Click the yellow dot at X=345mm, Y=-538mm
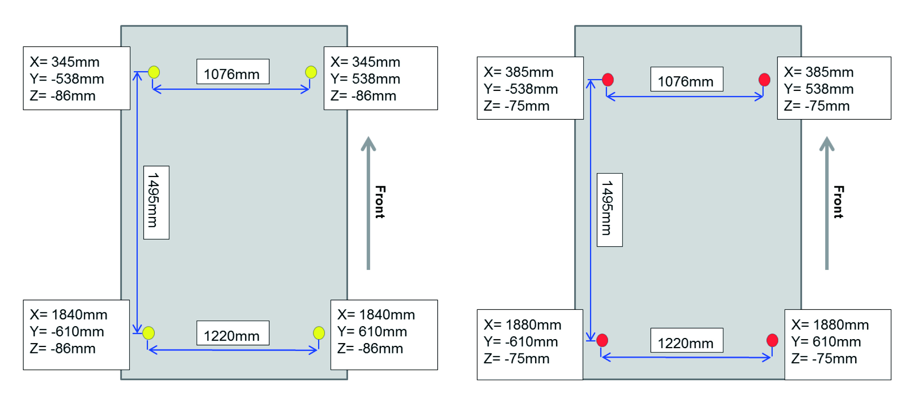pyautogui.click(x=154, y=72)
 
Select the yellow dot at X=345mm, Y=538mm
pyautogui.click(x=311, y=72)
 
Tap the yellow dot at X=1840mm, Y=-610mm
pyautogui.click(x=148, y=333)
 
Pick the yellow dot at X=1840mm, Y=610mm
pyautogui.click(x=319, y=333)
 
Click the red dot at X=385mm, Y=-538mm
pyautogui.click(x=608, y=79)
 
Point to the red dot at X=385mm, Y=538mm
pyautogui.click(x=764, y=79)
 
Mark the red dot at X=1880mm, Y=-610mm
pyautogui.click(x=602, y=340)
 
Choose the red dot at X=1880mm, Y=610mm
pyautogui.click(x=772, y=340)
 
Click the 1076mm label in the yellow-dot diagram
pyautogui.click(x=232, y=74)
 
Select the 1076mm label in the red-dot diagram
pyautogui.click(x=685, y=81)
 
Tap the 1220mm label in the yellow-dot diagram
pyautogui.click(x=232, y=336)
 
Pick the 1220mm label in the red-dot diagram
pyautogui.click(x=685, y=343)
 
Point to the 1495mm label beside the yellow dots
pyautogui.click(x=153, y=200)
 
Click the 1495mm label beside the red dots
pyautogui.click(x=607, y=208)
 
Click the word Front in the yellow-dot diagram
pyautogui.click(x=380, y=202)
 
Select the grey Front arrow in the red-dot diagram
pyautogui.click(x=827, y=203)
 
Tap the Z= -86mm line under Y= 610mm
pyautogui.click(x=370, y=349)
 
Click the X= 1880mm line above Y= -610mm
pyautogui.click(x=523, y=325)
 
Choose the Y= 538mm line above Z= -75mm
pyautogui.click(x=819, y=89)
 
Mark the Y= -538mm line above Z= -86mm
pyautogui.click(x=67, y=79)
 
